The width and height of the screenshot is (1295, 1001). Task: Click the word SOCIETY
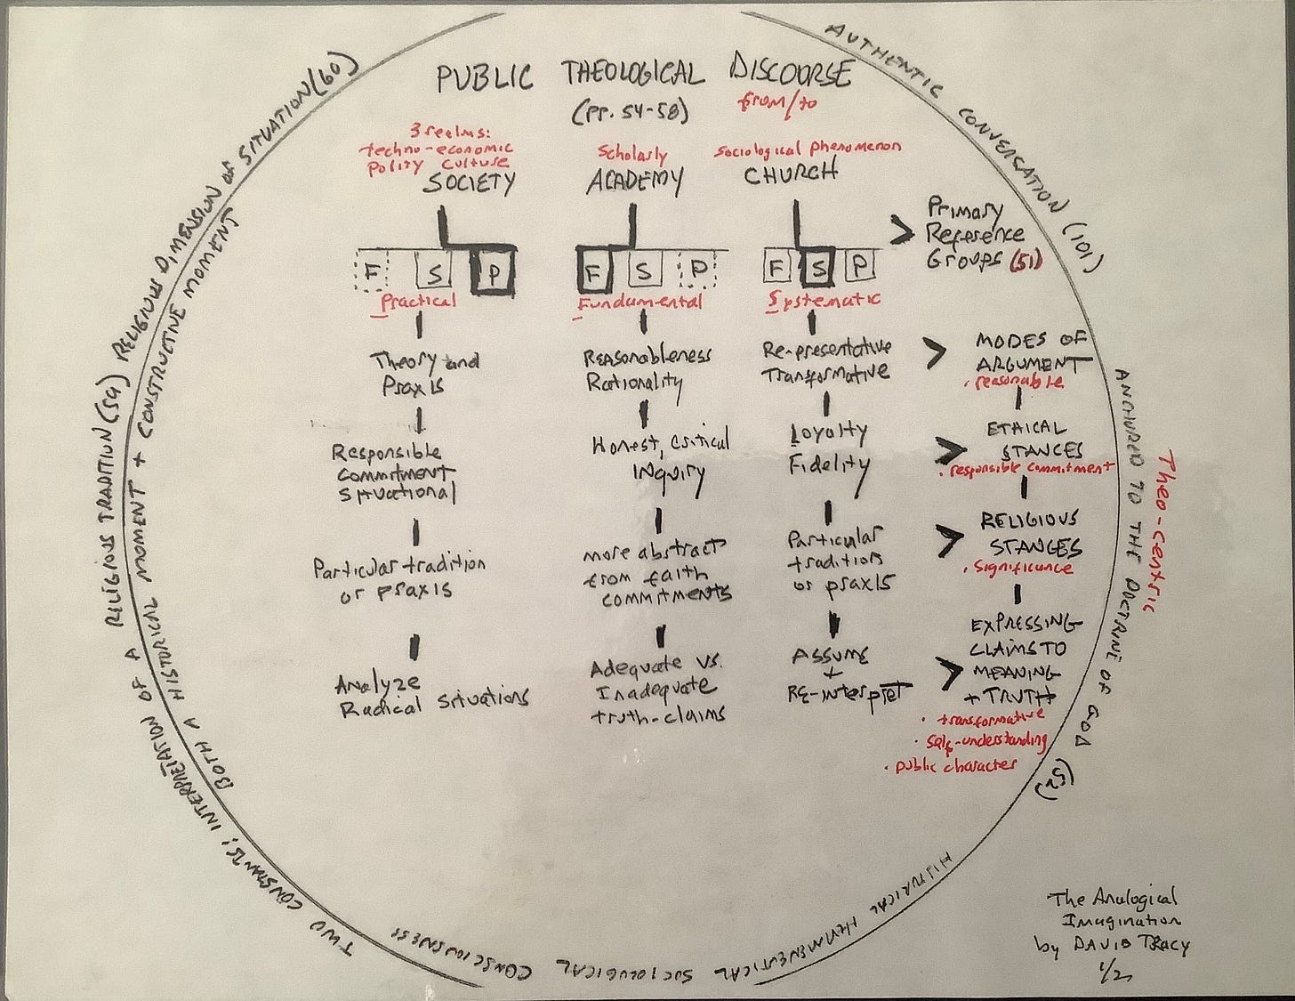tap(469, 182)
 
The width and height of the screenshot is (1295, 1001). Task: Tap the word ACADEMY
tap(634, 181)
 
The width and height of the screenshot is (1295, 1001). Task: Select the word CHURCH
tap(791, 174)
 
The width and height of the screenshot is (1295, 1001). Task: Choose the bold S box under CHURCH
tap(821, 266)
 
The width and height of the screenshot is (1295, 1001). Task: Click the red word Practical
tap(417, 302)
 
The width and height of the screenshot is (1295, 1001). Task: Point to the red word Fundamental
tap(639, 303)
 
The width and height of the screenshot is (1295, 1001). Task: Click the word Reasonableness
tap(647, 358)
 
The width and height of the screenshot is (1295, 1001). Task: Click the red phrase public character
tap(951, 763)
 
